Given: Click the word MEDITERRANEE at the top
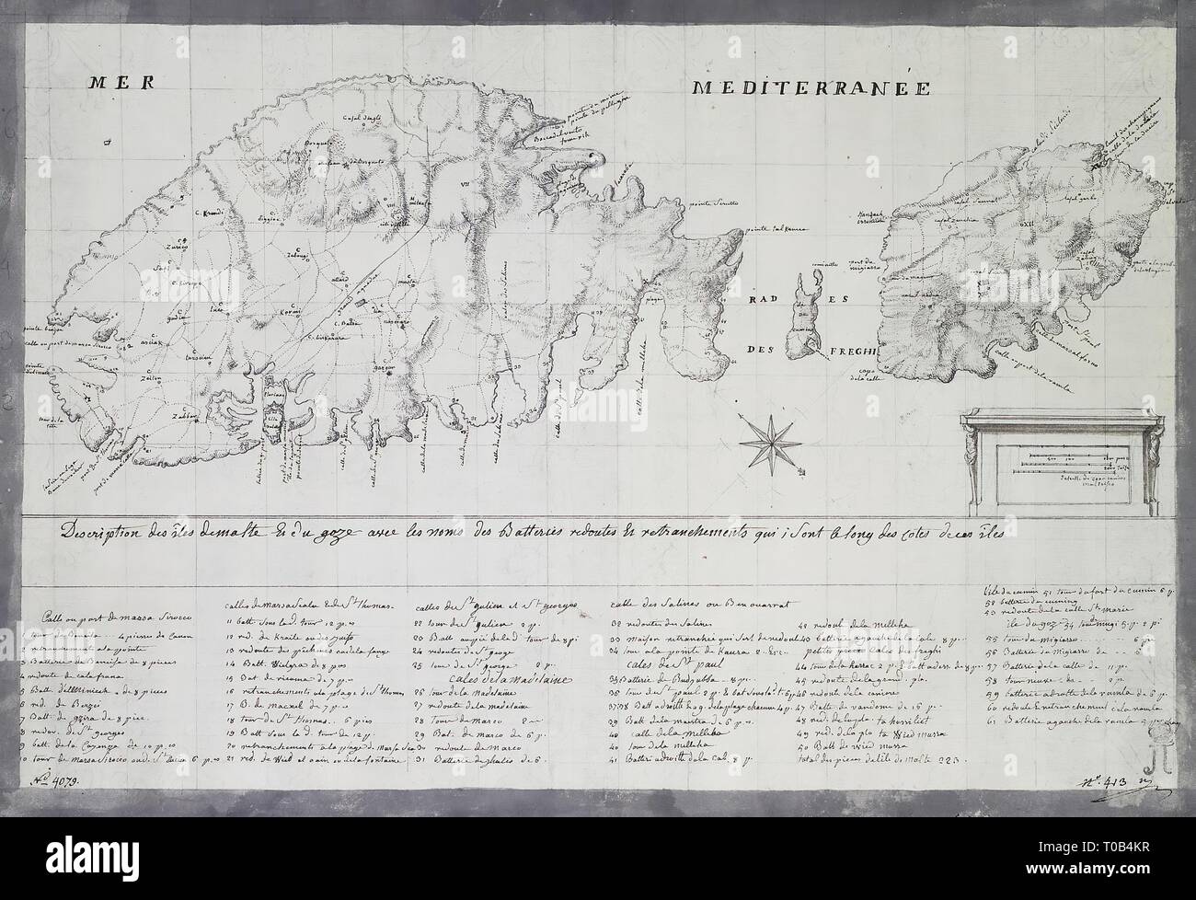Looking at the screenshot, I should [x=811, y=88].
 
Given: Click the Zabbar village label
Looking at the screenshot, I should [x=185, y=416].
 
